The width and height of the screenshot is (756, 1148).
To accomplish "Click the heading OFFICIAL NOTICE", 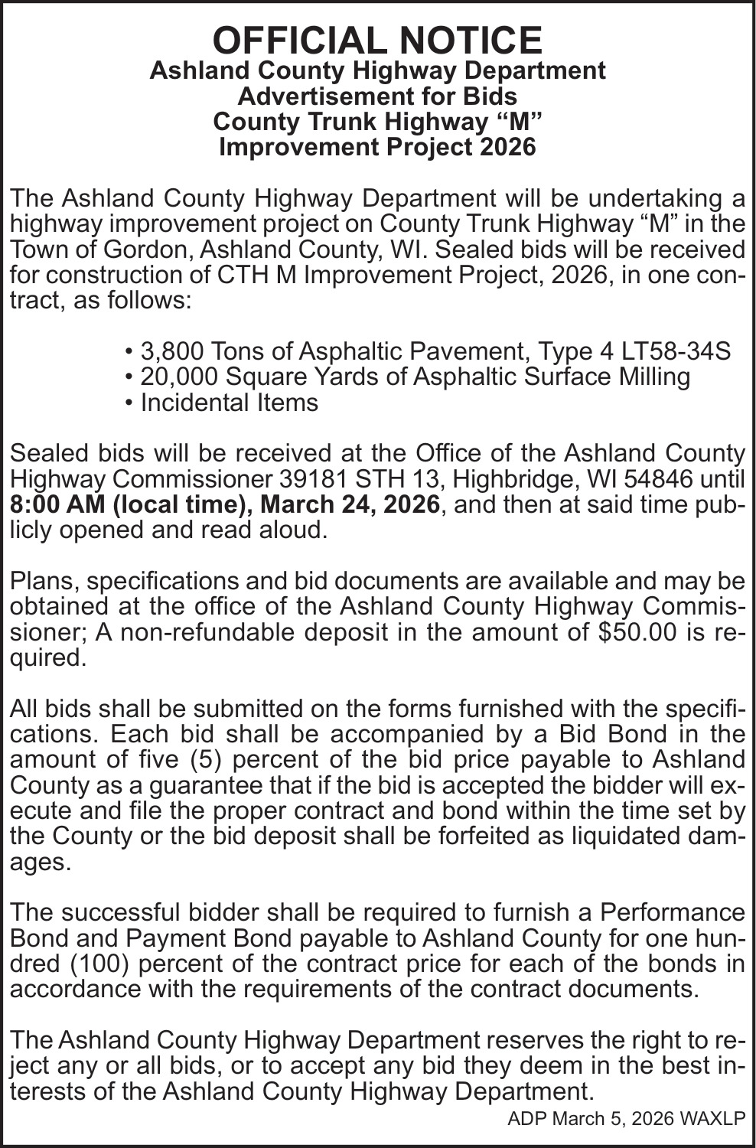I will [x=377, y=40].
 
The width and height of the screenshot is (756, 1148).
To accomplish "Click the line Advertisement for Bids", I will [x=377, y=96].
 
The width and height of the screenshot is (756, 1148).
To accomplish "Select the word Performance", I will [x=672, y=912].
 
